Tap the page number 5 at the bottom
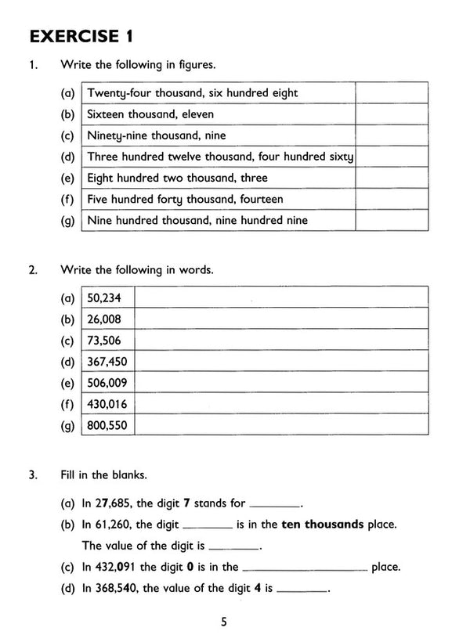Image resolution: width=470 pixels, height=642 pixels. coord(224,622)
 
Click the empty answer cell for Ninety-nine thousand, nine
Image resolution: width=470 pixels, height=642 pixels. coord(391,135)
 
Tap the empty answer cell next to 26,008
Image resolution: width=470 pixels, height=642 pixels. coord(282,319)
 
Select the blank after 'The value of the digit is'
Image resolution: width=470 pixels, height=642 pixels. coord(234,546)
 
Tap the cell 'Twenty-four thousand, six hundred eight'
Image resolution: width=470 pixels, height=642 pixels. coord(192,93)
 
